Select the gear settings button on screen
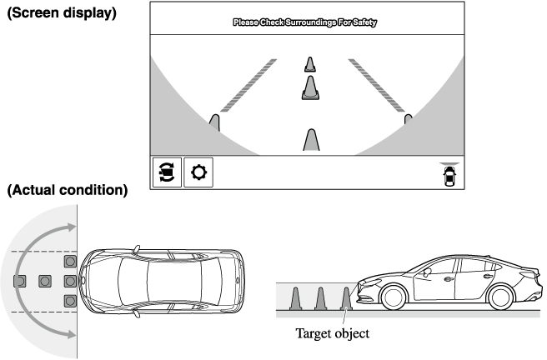point(198,173)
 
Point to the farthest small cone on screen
point(310,64)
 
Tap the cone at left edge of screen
point(214,122)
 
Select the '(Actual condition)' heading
point(67,191)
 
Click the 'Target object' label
point(331,334)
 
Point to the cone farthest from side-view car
point(294,297)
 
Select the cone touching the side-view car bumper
point(347,297)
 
